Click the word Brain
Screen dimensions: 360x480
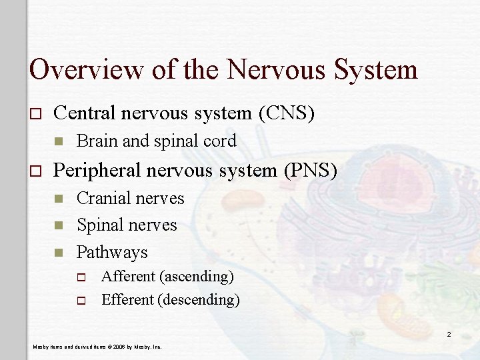pos(95,141)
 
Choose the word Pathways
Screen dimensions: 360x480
pos(112,253)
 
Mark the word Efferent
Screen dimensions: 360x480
pos(127,300)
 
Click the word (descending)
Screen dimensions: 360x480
pos(198,300)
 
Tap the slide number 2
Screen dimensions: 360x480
pos(449,334)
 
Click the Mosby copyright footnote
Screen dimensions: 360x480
pos(98,347)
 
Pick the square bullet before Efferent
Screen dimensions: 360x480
pos(82,301)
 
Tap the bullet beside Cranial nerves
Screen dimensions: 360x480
pos(59,199)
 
